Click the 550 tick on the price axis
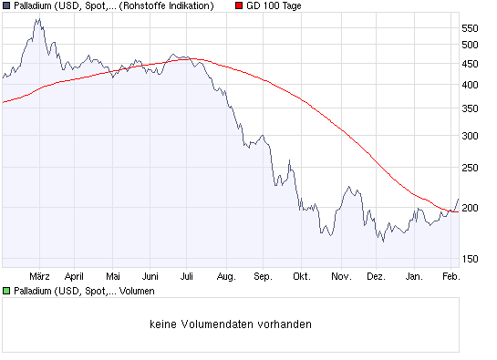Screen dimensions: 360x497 pos(471,27)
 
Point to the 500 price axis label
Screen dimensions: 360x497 pos(471,44)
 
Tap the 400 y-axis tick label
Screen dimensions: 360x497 pos(471,85)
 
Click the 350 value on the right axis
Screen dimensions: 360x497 pos(471,108)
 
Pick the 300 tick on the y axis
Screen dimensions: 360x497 pos(471,136)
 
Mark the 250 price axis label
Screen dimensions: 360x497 pos(471,168)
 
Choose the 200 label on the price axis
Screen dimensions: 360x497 pos(471,208)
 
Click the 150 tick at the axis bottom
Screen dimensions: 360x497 pos(471,259)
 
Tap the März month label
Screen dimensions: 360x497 pos(39,275)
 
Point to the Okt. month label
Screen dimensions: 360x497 pos(302,275)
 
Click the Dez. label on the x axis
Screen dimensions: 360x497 pos(377,275)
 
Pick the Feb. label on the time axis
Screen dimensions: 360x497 pos(451,275)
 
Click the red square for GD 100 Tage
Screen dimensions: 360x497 pos(240,5)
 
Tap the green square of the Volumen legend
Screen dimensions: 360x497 pos(6,291)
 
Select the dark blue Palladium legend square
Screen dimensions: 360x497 pos(6,5)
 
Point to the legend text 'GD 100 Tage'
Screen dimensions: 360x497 pos(274,5)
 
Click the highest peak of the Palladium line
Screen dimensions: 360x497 pos(36,19)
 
